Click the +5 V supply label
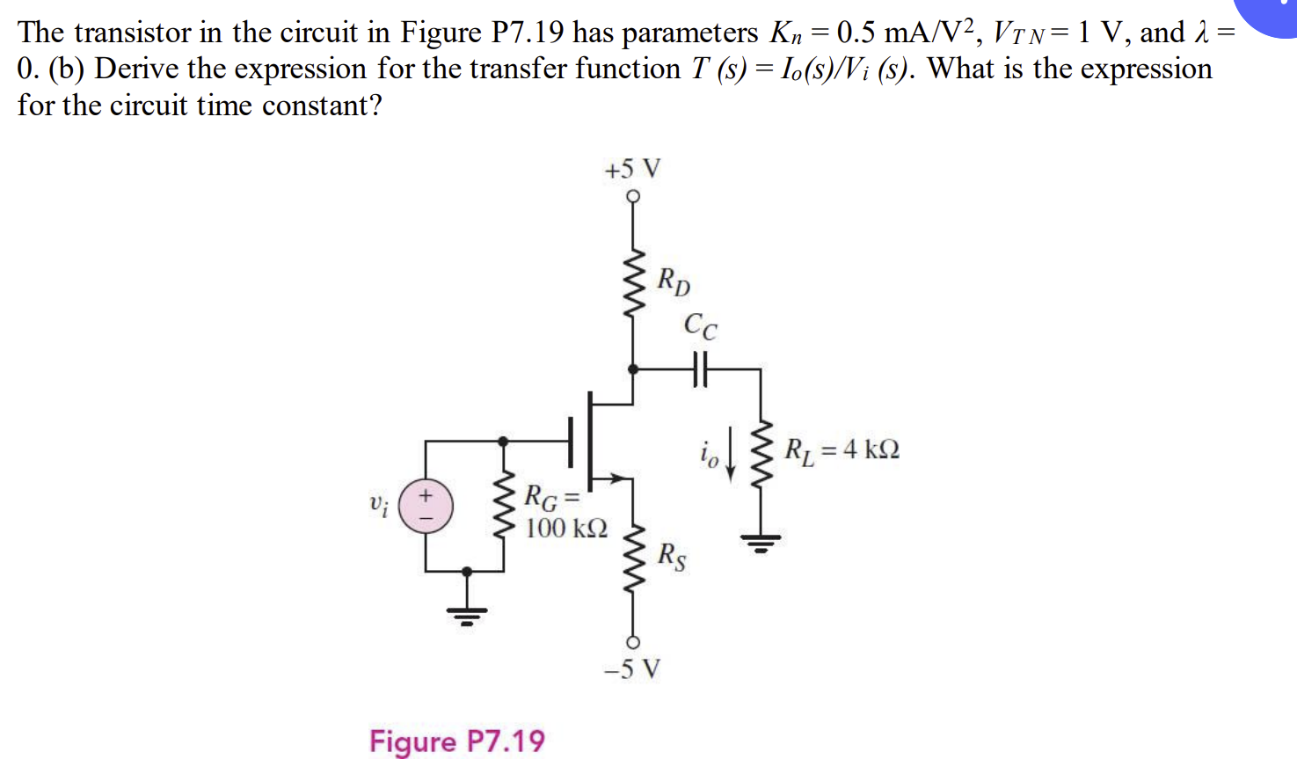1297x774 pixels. (x=632, y=168)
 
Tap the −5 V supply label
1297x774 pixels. (x=632, y=669)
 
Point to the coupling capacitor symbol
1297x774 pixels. (x=699, y=369)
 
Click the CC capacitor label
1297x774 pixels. (x=700, y=325)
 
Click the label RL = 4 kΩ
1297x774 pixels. (x=842, y=449)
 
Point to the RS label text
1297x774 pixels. (x=673, y=556)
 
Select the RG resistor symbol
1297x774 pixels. (x=504, y=506)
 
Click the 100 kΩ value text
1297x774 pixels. (x=566, y=529)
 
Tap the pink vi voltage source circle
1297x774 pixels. (x=426, y=506)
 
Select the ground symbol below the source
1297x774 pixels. (x=467, y=613)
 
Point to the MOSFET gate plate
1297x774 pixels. (x=572, y=441)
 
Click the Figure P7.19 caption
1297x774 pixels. (x=456, y=741)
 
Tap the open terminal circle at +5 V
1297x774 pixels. (x=633, y=196)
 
